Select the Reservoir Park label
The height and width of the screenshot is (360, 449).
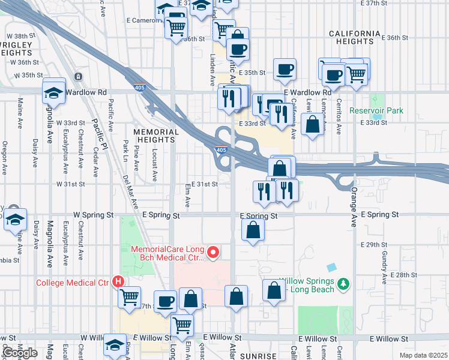377,111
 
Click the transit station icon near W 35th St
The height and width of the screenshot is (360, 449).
78,77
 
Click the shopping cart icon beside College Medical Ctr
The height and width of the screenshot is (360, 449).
130,296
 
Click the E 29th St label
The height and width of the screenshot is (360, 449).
372,245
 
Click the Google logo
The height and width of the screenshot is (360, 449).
20,353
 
